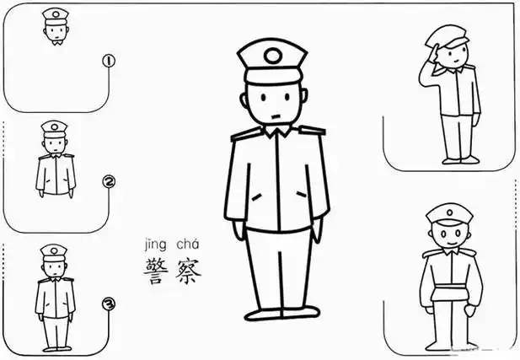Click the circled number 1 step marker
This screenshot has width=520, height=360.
107,61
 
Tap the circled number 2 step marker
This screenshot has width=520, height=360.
107,182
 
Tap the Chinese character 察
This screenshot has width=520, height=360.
187,268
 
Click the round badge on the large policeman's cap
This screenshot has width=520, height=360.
273,56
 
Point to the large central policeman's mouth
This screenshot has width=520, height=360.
275,112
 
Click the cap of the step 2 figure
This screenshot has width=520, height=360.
53,127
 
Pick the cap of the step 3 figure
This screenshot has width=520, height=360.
53,250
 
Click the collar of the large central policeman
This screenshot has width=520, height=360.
276,132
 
